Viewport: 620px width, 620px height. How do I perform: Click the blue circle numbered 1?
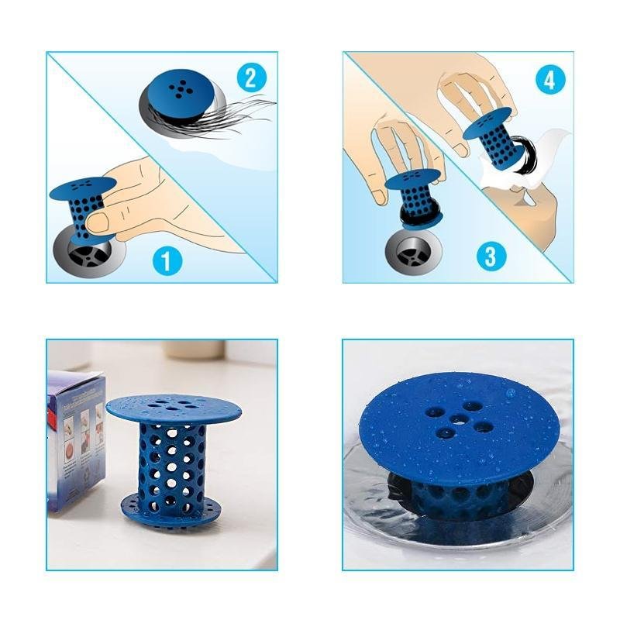click(167, 260)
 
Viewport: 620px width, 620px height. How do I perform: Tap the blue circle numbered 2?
click(250, 77)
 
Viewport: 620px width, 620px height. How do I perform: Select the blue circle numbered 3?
click(490, 256)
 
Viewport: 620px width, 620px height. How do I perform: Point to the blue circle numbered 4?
click(549, 79)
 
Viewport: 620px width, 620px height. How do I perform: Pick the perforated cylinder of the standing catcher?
click(173, 465)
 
